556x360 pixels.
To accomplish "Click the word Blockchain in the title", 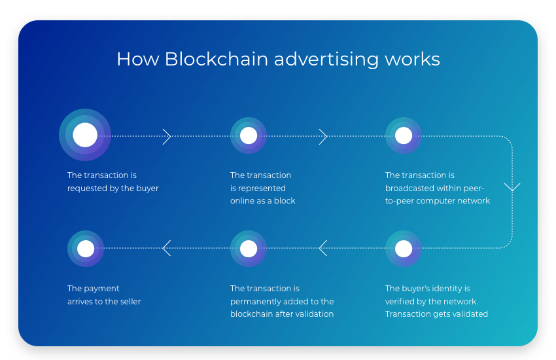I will (216, 60).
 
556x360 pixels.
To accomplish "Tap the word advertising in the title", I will (326, 60).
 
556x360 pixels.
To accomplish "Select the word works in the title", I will (412, 60).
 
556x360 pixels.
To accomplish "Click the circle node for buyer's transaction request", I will (85, 135).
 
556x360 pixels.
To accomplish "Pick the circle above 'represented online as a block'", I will (249, 135).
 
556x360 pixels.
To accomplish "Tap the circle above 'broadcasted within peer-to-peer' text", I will (404, 135).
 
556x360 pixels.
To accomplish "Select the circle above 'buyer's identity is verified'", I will (404, 249).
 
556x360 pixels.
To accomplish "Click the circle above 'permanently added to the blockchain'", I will (249, 249).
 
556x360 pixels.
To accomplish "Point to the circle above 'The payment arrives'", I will (86, 249).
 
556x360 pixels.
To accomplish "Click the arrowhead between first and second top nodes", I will (167, 136).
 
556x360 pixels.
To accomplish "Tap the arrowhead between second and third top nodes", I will (323, 136).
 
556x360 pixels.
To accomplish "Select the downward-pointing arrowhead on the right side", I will (512, 187).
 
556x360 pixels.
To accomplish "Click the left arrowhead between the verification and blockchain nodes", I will (322, 248).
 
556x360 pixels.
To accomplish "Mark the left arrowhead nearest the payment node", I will (166, 248).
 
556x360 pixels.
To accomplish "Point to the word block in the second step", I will (285, 201).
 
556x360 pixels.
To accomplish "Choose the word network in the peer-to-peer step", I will (474, 201).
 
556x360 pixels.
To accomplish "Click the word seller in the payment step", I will (129, 302).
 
